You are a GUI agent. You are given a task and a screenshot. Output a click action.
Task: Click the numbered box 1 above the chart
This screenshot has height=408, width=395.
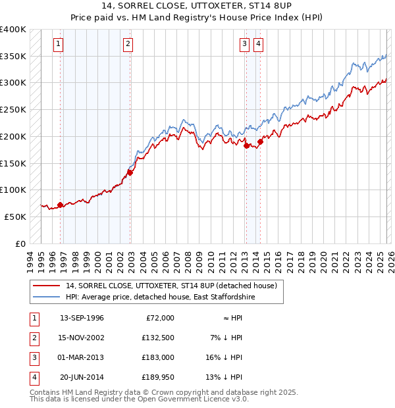tap(59, 44)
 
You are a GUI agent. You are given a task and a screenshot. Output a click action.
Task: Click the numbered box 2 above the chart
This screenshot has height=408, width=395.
tap(128, 44)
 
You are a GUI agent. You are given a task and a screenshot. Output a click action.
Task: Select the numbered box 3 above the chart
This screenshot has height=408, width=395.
tap(244, 44)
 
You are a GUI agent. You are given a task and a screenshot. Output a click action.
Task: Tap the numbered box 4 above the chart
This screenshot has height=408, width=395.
tap(259, 44)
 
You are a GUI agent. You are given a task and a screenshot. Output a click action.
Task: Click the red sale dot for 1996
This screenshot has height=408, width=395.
tap(60, 205)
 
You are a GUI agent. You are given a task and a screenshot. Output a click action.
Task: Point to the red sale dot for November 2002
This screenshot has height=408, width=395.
tap(130, 172)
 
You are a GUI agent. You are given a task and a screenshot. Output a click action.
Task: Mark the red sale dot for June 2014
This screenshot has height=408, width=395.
tap(261, 141)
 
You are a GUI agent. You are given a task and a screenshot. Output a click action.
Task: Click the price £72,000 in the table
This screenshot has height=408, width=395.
tap(158, 318)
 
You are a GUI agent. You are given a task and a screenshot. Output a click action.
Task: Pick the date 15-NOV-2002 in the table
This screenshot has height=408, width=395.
tap(82, 338)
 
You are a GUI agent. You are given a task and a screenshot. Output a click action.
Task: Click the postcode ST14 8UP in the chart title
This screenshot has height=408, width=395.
tap(271, 6)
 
